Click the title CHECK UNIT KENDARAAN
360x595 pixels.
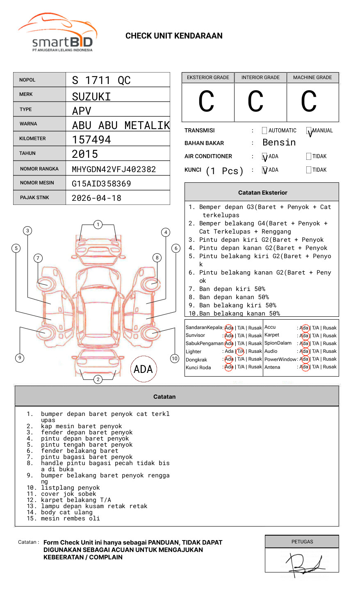pyautogui.click(x=174, y=36)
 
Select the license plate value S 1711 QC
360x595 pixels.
pyautogui.click(x=101, y=80)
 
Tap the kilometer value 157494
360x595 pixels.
pyautogui.click(x=91, y=140)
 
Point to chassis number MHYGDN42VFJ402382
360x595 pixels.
pyautogui.click(x=114, y=169)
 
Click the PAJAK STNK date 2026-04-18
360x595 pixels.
pyautogui.click(x=96, y=198)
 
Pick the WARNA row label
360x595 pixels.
pyautogui.click(x=28, y=124)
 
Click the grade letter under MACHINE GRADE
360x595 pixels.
pyautogui.click(x=309, y=102)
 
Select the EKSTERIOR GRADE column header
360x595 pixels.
pyautogui.click(x=208, y=77)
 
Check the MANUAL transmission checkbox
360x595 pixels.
pyautogui.click(x=309, y=131)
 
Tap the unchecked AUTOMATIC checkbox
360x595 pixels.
pyautogui.click(x=264, y=131)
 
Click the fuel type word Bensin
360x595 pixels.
pyautogui.click(x=279, y=143)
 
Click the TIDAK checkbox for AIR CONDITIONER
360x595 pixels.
pyautogui.click(x=309, y=157)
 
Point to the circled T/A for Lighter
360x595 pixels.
pyautogui.click(x=240, y=352)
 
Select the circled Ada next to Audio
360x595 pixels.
pyautogui.click(x=304, y=352)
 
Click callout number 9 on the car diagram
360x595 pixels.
pyautogui.click(x=20, y=358)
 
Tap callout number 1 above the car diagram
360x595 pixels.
pyautogui.click(x=98, y=224)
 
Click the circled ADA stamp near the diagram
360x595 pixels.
pyautogui.click(x=143, y=369)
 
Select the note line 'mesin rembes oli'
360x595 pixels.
pyautogui.click(x=70, y=518)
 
